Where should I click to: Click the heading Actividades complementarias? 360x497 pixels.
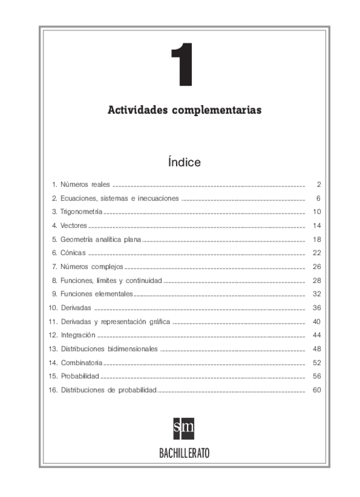coord(185,110)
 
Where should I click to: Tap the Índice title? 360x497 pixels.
coord(184,161)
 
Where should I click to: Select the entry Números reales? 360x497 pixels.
coord(81,184)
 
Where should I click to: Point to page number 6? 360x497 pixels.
coord(317,198)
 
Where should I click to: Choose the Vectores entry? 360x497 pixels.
coord(70,225)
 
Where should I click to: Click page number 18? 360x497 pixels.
coord(315,239)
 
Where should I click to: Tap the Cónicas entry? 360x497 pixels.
coord(69,253)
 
